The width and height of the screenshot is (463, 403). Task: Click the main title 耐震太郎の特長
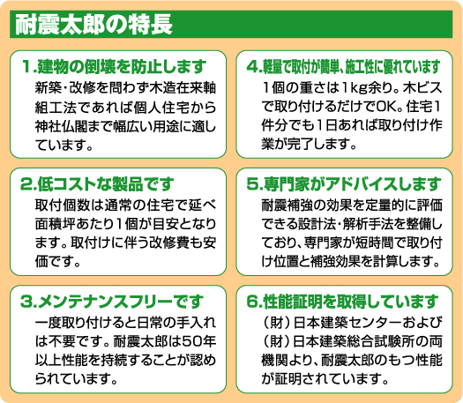93,25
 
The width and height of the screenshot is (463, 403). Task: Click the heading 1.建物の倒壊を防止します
114,67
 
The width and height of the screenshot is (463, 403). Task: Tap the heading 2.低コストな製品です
97,184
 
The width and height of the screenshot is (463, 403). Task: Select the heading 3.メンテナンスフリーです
112,302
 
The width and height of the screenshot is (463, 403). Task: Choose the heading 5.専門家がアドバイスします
344,184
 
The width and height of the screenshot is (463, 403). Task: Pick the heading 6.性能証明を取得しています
342,302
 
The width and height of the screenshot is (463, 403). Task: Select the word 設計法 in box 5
316,224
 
